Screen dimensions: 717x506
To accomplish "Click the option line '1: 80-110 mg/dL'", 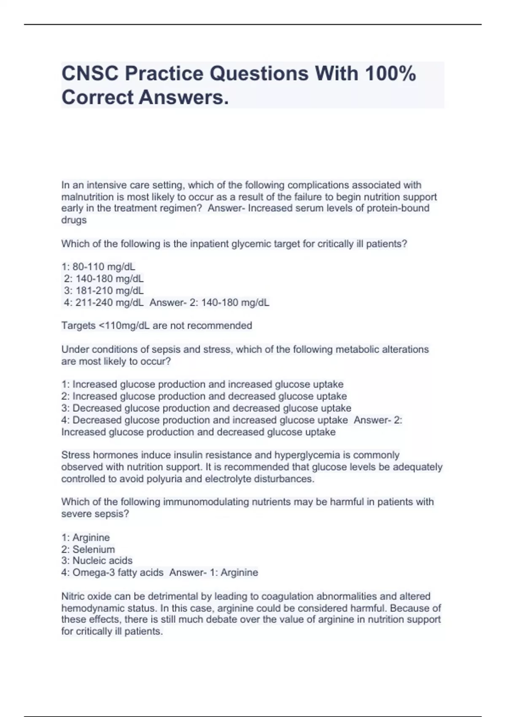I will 98,267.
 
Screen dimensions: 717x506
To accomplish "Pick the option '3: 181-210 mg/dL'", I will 104,291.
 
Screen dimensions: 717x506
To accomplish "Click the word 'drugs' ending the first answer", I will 74,220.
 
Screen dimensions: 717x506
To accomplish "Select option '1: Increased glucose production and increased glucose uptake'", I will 202,385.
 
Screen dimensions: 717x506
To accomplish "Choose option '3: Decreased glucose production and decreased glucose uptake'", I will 206,408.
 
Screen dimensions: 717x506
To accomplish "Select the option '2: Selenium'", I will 88,550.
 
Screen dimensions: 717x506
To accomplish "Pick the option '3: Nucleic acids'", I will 97,561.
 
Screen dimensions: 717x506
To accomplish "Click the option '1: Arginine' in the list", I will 86,538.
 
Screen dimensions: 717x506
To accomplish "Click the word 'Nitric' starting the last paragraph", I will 73,596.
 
